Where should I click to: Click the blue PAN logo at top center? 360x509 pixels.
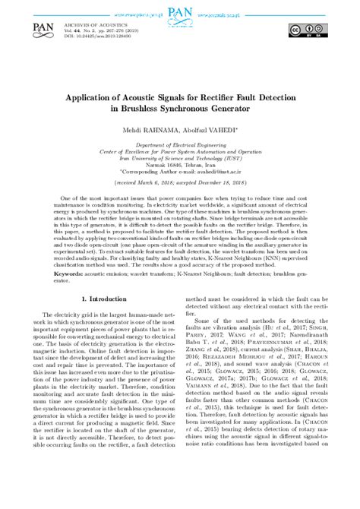[x=179, y=14]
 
